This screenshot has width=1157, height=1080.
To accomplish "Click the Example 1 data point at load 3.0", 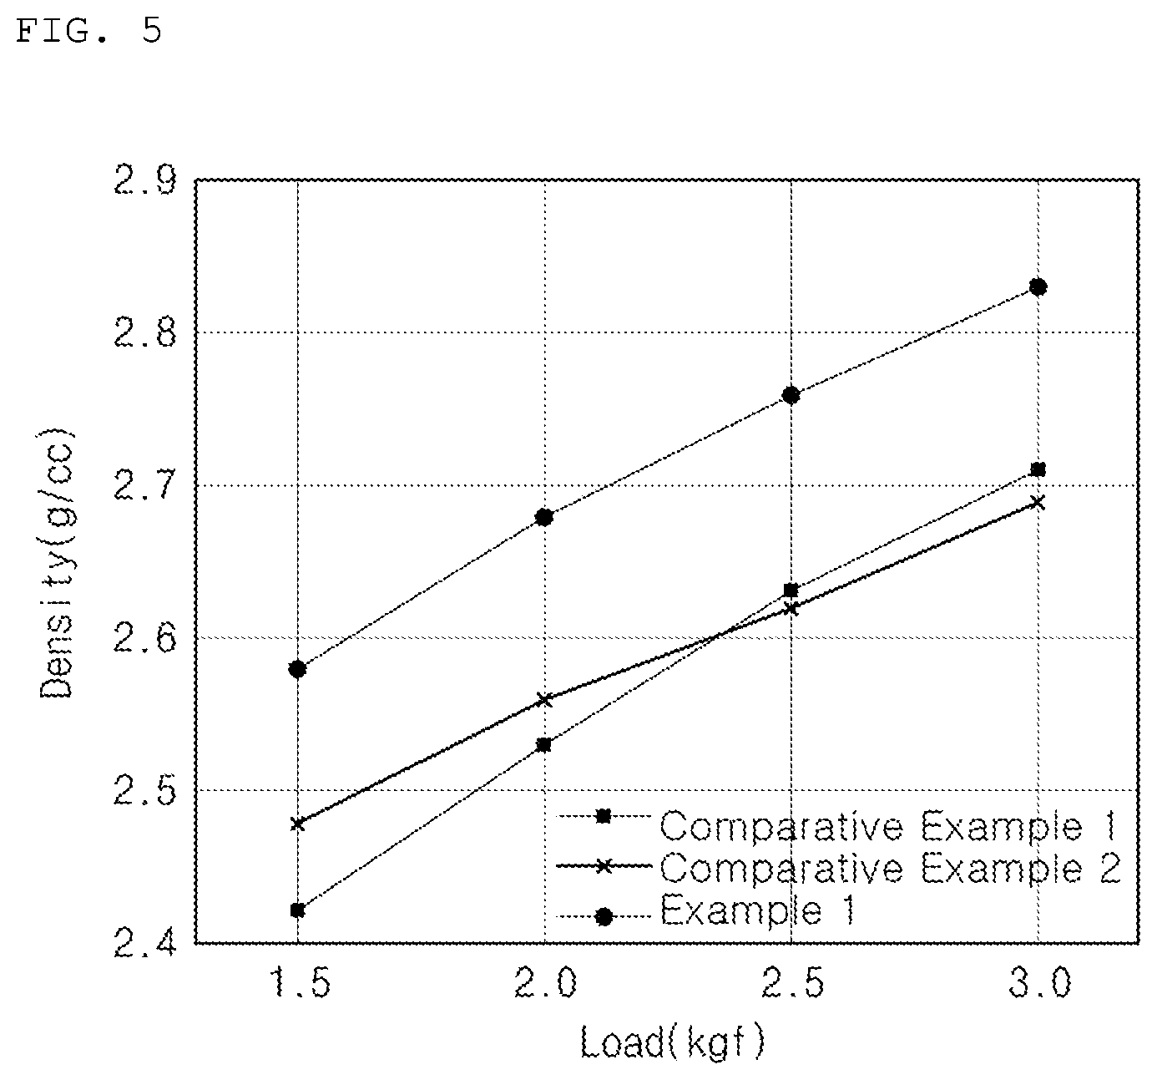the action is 1038,286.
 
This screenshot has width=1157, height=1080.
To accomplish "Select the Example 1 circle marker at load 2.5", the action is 791,395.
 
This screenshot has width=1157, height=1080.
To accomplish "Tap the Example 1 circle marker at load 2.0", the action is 543,517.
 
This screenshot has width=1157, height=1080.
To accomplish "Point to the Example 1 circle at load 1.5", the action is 297,669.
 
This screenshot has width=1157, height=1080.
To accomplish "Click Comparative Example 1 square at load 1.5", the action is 297,910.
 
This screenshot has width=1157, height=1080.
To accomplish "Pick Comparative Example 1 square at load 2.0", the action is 543,745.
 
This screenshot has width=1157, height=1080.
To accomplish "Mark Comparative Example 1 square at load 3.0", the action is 1038,469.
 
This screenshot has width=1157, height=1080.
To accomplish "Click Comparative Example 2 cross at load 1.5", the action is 297,824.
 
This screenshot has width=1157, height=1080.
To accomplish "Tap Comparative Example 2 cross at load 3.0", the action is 1038,502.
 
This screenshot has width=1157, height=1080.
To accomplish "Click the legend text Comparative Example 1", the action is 887,826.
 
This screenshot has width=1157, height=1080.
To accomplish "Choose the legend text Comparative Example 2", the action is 890,868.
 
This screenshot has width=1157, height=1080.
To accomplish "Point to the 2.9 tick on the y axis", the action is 144,180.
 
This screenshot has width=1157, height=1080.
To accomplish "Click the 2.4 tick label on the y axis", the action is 144,943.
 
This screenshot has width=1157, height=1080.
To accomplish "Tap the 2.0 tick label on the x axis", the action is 545,982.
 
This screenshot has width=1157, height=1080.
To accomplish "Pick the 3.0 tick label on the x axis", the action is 1039,982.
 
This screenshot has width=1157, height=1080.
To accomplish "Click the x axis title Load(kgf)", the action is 672,1042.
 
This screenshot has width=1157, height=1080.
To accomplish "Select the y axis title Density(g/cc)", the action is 57,564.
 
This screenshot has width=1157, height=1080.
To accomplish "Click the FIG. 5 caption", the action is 88,30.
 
